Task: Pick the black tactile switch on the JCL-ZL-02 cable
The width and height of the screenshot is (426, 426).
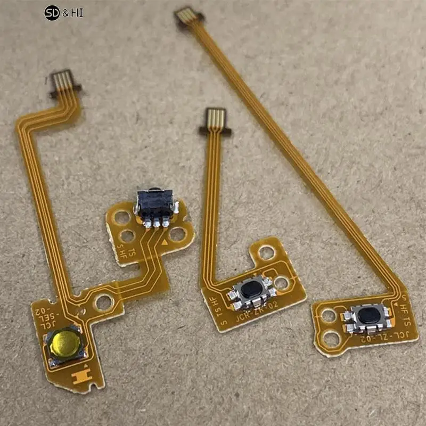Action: [367, 315]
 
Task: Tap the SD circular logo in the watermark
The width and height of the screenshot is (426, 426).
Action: [52, 12]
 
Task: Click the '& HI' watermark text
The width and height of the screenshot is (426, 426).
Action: [73, 12]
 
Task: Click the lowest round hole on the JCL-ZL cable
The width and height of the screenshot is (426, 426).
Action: [332, 337]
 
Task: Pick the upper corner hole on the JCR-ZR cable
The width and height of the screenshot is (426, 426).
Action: [266, 252]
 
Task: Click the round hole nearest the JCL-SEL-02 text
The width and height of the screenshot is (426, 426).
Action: [103, 302]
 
